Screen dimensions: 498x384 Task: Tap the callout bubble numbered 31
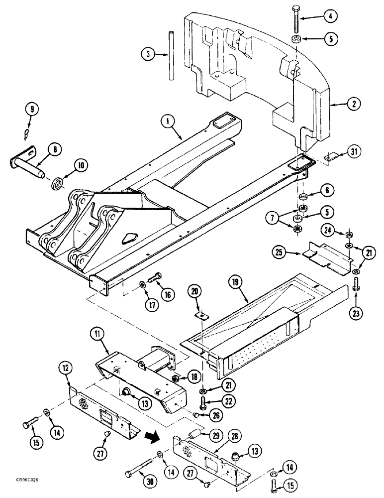coord(354,152)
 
